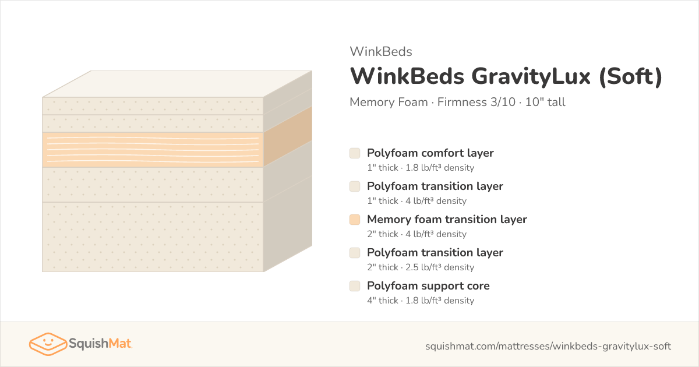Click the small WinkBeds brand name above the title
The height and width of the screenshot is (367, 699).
[x=381, y=51]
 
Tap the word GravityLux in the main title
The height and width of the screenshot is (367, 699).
[x=531, y=76]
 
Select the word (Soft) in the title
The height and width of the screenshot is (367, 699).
[x=631, y=76]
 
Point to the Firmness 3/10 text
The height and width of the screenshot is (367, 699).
[x=476, y=102]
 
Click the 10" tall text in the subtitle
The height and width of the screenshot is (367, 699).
[x=545, y=102]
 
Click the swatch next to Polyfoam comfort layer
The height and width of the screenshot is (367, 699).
[x=355, y=153]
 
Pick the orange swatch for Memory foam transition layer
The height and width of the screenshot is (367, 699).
[x=355, y=220]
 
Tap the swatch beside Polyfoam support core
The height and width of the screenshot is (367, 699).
[x=355, y=286]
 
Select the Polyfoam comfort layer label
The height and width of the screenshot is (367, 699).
[x=430, y=153]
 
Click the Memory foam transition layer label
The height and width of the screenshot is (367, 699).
[x=447, y=220]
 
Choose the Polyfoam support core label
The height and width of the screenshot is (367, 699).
[x=428, y=286]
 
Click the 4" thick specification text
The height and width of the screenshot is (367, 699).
[x=383, y=300]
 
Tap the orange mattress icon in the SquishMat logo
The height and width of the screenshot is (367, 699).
[x=48, y=344]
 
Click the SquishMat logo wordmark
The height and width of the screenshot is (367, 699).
[x=100, y=344]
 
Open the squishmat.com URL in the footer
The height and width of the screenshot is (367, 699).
[x=548, y=346]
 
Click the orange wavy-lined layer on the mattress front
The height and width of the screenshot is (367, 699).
[x=153, y=150]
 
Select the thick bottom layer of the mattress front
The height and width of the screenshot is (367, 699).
[x=153, y=237]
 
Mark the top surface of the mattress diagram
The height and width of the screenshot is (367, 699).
[x=177, y=84]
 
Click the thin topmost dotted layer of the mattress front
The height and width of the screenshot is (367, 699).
[x=153, y=106]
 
